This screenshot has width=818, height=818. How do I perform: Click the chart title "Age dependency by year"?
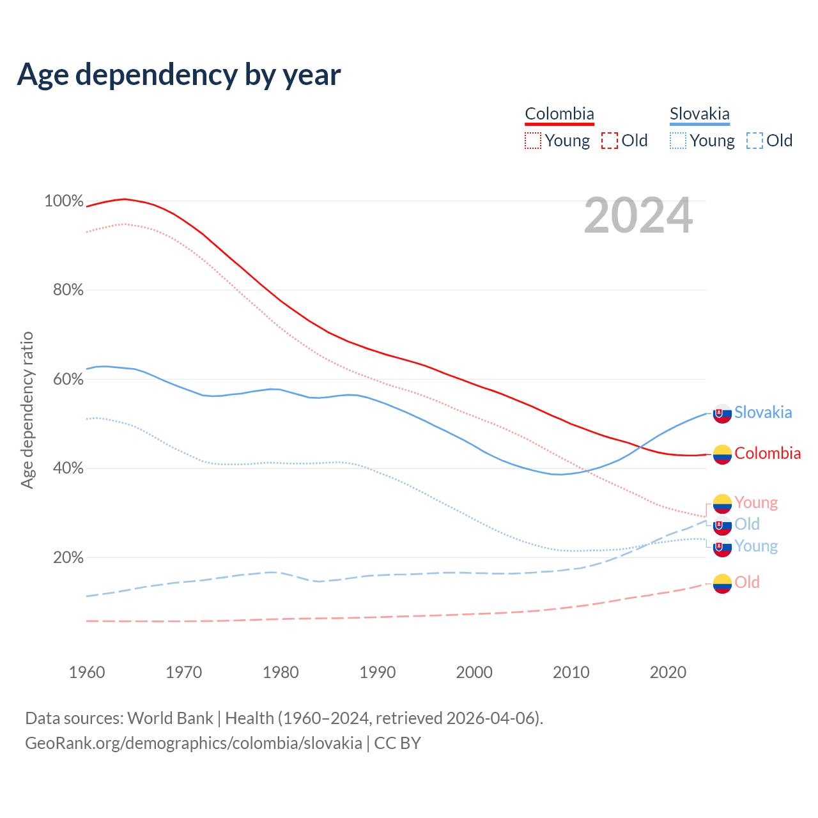point(179,75)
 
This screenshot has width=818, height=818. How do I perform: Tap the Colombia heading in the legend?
point(559,114)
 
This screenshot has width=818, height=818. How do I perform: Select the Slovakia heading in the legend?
point(699,114)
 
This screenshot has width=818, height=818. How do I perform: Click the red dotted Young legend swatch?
point(532,141)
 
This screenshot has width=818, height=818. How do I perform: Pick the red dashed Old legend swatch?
point(610,141)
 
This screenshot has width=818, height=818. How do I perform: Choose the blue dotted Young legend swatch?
point(678,141)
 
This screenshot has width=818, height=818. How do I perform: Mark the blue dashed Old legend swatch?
point(755,141)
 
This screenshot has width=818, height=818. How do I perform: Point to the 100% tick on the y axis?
point(64,201)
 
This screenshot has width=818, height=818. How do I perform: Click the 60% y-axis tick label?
point(68,380)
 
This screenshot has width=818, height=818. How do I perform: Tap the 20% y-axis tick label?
point(68,558)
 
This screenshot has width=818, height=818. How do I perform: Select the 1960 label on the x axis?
point(87,672)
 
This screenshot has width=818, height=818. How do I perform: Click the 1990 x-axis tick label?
point(377,672)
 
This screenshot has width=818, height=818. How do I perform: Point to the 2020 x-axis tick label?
point(668,672)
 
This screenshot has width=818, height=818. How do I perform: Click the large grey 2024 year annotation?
point(638,216)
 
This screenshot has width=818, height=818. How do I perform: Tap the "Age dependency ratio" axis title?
point(27,410)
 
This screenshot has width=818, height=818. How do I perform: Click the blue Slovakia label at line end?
point(763,413)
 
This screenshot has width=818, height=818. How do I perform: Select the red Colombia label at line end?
point(768,454)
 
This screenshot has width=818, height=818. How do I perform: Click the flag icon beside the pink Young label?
point(722,504)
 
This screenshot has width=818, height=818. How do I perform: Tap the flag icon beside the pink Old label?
point(722,583)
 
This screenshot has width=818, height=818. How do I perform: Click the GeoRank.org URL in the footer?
point(194,743)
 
